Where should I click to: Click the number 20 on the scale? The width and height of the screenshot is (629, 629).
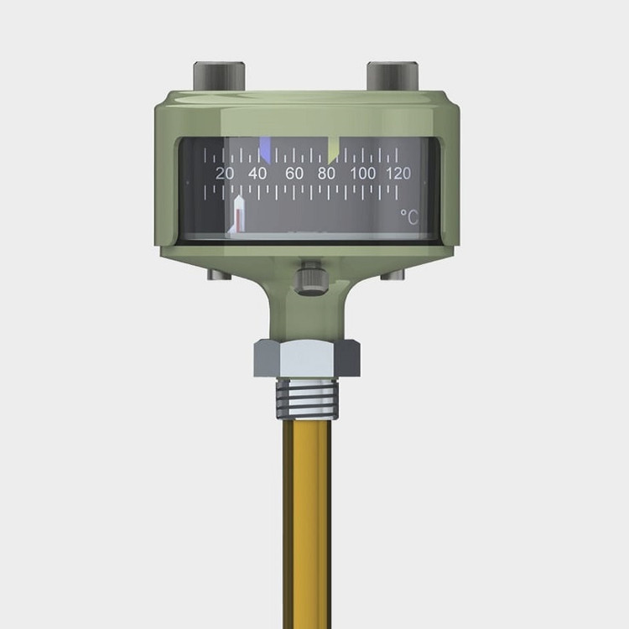click(224, 174)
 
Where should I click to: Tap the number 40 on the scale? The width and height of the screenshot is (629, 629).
click(257, 174)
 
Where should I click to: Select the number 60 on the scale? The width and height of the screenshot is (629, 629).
click(294, 174)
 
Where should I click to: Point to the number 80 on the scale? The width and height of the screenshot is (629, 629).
click(326, 174)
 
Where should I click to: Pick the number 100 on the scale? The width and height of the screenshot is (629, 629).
click(362, 174)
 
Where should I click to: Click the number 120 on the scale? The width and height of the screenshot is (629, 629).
click(398, 174)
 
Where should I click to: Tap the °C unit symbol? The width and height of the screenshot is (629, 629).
click(409, 217)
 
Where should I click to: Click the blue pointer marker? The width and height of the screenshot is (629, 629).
click(265, 149)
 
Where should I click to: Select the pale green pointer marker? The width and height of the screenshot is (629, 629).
click(333, 150)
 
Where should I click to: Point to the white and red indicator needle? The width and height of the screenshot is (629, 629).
click(238, 214)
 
